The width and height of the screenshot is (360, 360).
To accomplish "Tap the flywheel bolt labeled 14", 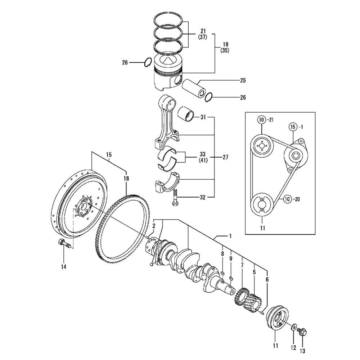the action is click(65, 243).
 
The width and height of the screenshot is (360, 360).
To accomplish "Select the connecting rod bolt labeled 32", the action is click(175, 197).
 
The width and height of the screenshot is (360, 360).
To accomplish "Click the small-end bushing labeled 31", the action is click(186, 114).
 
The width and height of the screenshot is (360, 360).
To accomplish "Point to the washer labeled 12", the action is click(294, 327).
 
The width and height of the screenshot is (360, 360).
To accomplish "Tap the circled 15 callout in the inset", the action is click(293, 127).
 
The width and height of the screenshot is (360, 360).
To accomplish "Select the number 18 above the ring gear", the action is click(126, 179).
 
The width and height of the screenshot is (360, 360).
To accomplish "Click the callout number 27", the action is click(225, 157).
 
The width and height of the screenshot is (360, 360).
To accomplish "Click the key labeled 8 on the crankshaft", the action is click(222, 273).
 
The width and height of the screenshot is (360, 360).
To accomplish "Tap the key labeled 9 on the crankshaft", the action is click(231, 279).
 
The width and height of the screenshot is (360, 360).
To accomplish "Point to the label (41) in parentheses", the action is click(203, 161).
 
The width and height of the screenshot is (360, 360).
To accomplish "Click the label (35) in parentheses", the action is click(225, 50).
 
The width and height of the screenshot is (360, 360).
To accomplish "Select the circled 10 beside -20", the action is click(287, 199).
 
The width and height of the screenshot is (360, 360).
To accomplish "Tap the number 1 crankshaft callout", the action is click(230, 236).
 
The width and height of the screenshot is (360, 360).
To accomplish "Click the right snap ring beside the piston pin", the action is click(209, 97).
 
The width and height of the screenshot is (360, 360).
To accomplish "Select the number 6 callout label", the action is click(267, 279).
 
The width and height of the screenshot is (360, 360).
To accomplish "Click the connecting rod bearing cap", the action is click(166, 182).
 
